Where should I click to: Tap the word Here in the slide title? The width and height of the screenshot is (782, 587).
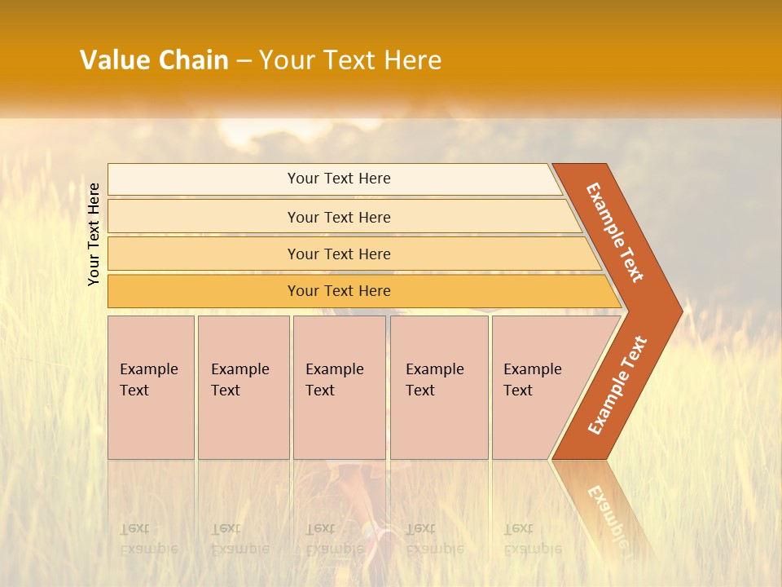412,60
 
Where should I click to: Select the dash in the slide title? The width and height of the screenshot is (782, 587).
244,61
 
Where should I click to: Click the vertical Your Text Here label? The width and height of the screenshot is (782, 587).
94,234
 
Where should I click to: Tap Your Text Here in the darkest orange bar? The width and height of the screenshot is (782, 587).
339,291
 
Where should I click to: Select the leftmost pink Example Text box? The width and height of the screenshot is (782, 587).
151,387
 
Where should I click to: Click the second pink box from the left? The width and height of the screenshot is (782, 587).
243,387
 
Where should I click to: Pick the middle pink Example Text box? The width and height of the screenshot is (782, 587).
339,387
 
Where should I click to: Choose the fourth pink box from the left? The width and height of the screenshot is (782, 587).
438,387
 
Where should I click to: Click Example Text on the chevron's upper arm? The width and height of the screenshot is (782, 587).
615,232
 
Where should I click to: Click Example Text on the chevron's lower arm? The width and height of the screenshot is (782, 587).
617,385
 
